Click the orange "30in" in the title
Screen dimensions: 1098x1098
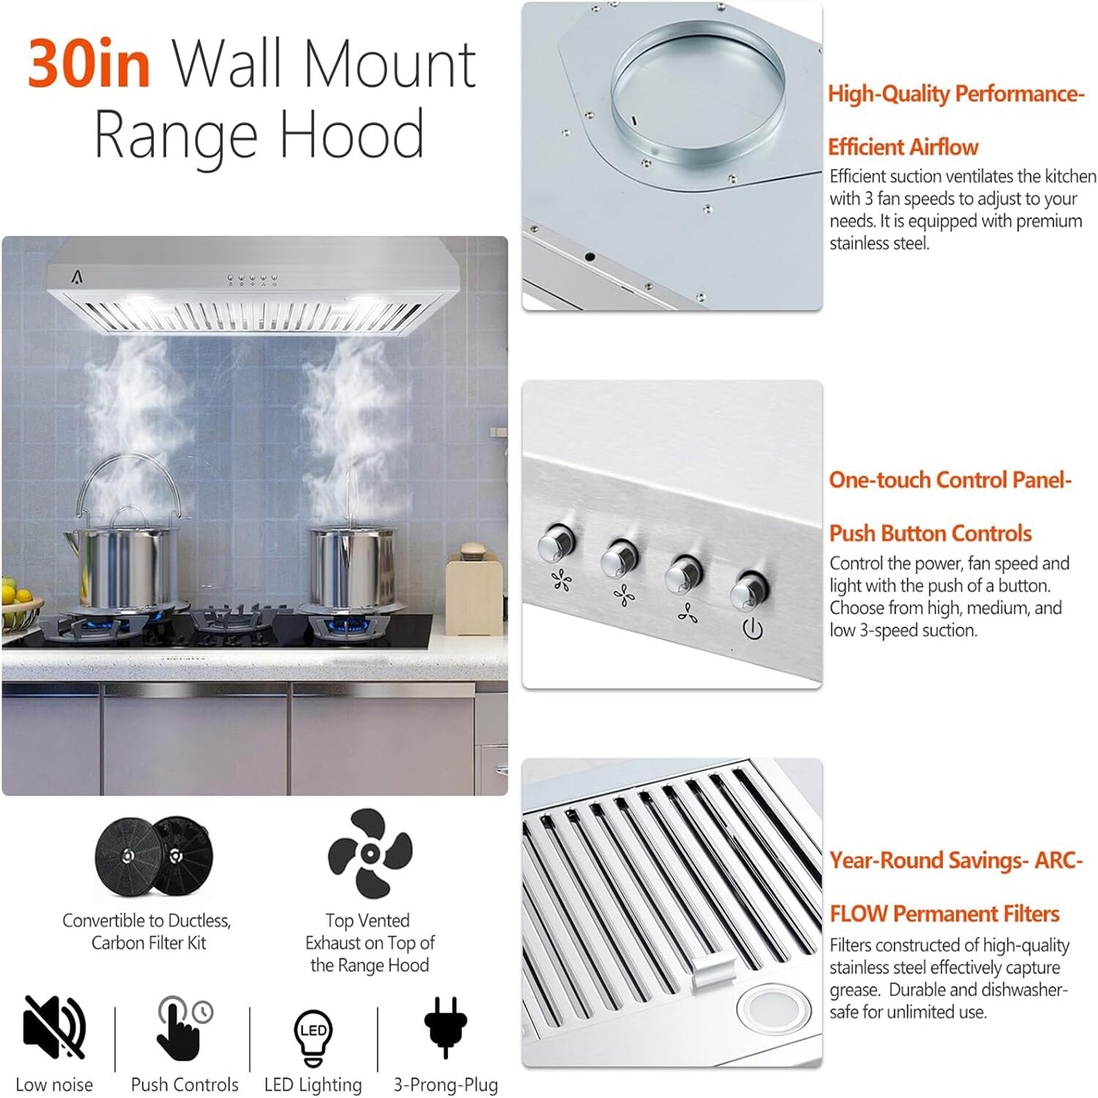[x=89, y=64]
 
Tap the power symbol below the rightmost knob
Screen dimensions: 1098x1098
[x=752, y=628]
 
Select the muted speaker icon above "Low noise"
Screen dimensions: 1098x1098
[x=54, y=1026]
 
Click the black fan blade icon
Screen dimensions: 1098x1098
[x=370, y=853]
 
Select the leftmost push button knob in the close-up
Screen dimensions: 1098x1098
[x=556, y=543]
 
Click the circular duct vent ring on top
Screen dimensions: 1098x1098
[x=697, y=91]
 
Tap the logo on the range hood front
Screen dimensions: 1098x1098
[x=78, y=277]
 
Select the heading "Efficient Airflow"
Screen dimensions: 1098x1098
[x=903, y=147]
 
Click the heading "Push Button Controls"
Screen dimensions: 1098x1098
[x=930, y=533]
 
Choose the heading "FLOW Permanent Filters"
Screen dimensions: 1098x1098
[x=944, y=914]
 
